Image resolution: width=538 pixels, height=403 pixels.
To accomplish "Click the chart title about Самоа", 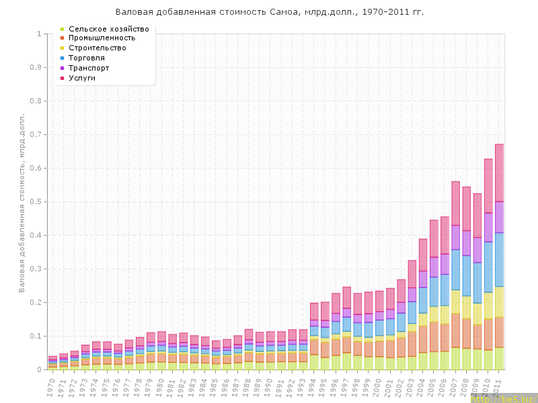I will click(x=269, y=12).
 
